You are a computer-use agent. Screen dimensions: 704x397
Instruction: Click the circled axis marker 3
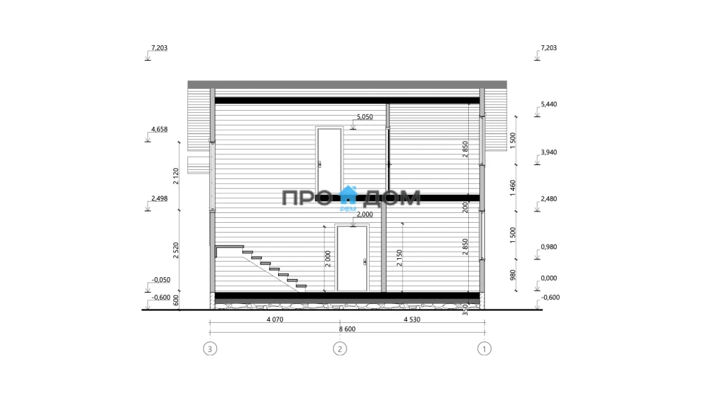tap(210, 348)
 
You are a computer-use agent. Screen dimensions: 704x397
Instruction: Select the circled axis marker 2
tap(340, 348)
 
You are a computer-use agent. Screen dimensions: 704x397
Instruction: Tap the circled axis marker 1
tap(484, 348)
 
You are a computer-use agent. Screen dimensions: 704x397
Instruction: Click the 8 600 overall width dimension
tap(347, 329)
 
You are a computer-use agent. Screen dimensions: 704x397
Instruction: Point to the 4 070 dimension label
tap(275, 319)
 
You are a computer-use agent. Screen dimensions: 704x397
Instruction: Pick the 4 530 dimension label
tap(412, 319)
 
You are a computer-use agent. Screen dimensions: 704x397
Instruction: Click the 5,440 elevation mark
tap(548, 104)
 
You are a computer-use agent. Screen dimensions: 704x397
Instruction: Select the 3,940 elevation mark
tap(548, 152)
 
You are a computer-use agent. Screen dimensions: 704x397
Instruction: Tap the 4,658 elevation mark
tap(159, 130)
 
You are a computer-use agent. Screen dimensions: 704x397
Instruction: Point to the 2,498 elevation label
tap(159, 198)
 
